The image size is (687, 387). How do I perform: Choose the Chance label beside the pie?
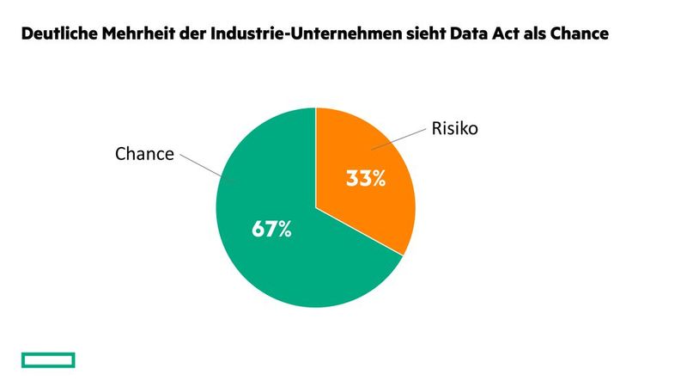144,154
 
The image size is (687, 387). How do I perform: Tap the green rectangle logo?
48,359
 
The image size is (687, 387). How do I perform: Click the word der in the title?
193,35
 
